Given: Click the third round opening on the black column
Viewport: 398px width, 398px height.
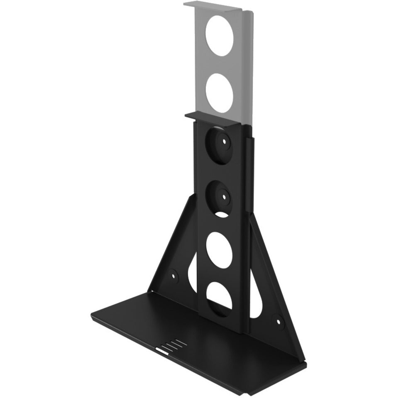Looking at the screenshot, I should coord(219,248).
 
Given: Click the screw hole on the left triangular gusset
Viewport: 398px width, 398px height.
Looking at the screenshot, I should coord(172,274).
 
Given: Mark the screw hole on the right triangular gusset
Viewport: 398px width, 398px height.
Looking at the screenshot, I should coord(276,320).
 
